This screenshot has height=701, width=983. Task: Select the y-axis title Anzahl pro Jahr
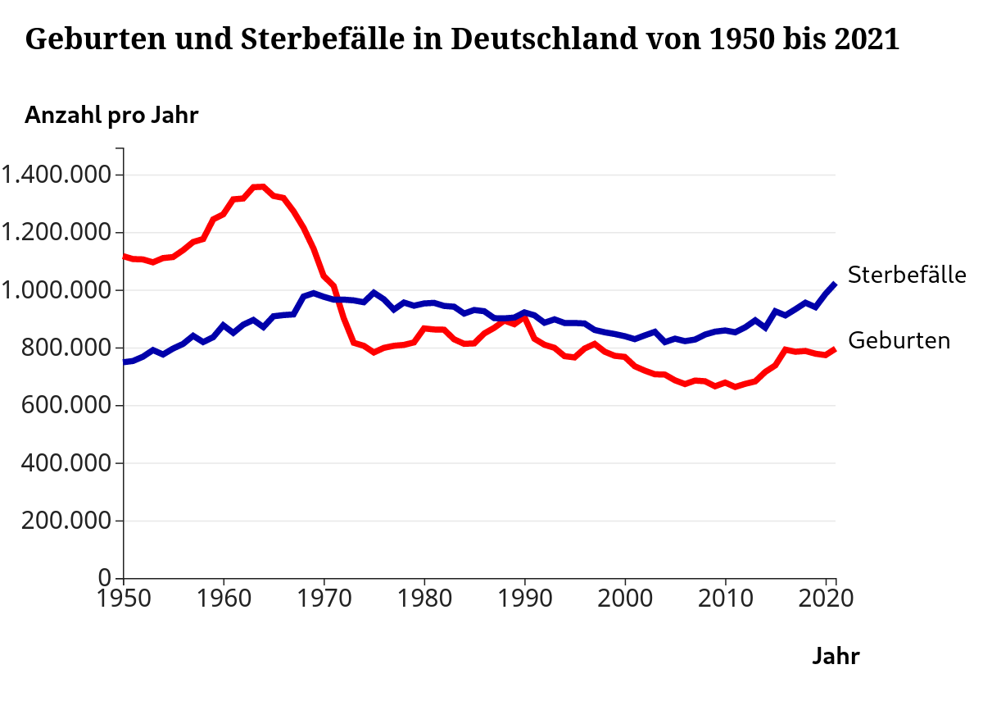111,116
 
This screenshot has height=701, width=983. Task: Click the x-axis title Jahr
836,656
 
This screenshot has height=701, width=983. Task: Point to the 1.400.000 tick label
57,175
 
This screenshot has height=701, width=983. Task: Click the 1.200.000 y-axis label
57,233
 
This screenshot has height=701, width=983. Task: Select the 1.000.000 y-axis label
57,290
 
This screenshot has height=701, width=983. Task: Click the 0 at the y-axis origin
104,578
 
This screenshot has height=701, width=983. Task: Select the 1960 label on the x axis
224,597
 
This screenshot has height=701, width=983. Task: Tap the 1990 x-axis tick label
524,597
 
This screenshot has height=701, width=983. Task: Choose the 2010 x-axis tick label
725,597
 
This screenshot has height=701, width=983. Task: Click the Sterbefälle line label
907,275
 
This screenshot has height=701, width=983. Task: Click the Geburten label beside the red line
899,340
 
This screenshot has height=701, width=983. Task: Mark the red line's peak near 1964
262,187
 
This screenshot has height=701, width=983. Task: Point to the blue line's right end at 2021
834,284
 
